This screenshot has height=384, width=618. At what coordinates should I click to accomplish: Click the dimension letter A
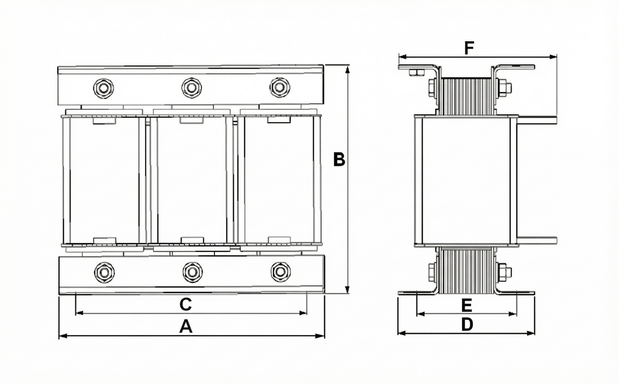[186, 327]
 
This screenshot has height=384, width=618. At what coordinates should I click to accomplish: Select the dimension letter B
[339, 159]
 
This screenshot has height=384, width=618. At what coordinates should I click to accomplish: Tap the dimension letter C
[185, 304]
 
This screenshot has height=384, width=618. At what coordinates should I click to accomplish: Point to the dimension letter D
[467, 324]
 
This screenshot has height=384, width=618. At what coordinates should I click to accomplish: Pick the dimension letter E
[467, 306]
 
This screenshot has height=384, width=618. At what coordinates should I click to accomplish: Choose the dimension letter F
[469, 48]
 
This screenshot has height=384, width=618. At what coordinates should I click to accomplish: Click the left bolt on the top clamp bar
[103, 88]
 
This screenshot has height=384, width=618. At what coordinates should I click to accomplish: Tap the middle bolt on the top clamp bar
[191, 87]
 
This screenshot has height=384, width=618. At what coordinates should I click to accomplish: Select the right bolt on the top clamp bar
[279, 87]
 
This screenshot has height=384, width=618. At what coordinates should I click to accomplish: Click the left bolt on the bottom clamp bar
[103, 272]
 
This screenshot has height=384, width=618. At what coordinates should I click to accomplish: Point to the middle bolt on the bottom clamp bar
[191, 272]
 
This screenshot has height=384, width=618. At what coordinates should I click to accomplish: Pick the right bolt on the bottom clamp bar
[279, 272]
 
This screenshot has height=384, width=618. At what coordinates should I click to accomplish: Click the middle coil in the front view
[191, 180]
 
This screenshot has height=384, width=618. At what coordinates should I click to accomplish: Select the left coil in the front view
[104, 180]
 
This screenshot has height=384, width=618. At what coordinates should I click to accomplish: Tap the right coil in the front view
[279, 180]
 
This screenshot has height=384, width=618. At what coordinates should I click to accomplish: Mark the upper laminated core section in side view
[466, 96]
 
